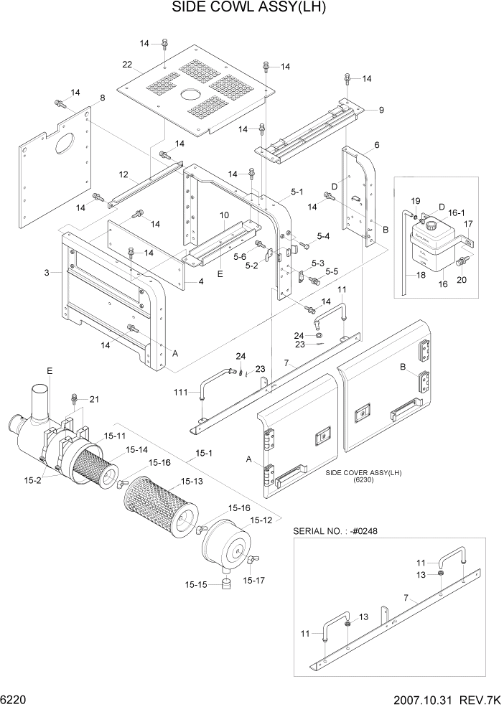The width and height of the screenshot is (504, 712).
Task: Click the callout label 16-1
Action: click(457, 213)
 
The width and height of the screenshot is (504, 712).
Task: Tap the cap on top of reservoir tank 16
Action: click(432, 225)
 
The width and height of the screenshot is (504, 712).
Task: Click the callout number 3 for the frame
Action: click(47, 273)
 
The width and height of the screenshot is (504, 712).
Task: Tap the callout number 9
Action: click(381, 110)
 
